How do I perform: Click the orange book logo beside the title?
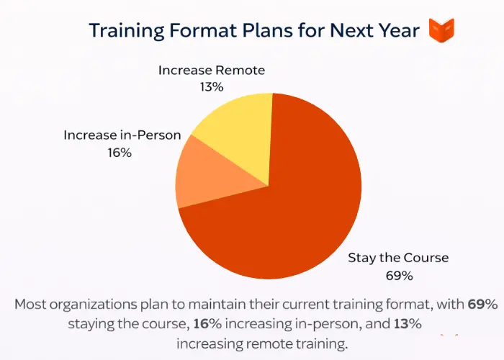[441, 30]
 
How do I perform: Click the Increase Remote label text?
[212, 70]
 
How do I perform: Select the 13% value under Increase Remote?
[212, 86]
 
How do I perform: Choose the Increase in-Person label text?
[122, 135]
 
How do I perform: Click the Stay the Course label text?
[398, 258]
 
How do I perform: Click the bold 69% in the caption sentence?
[482, 305]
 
